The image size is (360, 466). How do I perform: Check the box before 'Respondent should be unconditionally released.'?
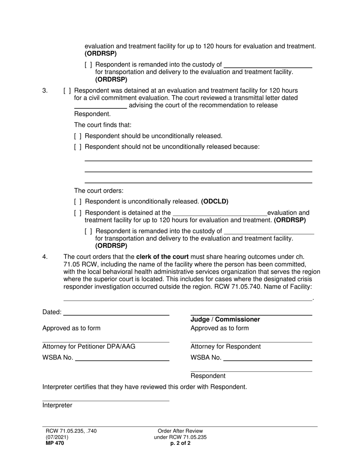point(78,136)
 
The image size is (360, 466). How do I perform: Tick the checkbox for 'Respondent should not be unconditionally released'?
point(78,147)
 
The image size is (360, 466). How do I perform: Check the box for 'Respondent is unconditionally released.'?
point(78,202)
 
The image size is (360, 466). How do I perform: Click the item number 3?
point(45,91)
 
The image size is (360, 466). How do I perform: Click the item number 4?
point(45,257)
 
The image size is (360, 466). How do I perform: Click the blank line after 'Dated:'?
point(116,312)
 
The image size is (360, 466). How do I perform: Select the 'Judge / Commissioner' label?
point(225,320)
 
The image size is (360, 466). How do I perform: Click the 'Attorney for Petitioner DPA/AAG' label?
point(89,346)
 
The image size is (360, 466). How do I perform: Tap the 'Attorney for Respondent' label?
point(225,346)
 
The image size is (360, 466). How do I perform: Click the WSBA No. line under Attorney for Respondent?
point(268,358)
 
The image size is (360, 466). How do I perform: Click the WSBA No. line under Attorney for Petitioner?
point(122,358)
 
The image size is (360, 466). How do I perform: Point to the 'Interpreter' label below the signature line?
point(57,405)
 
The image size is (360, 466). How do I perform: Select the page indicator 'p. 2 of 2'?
point(180,443)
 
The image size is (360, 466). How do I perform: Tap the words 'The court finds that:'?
point(103,125)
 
